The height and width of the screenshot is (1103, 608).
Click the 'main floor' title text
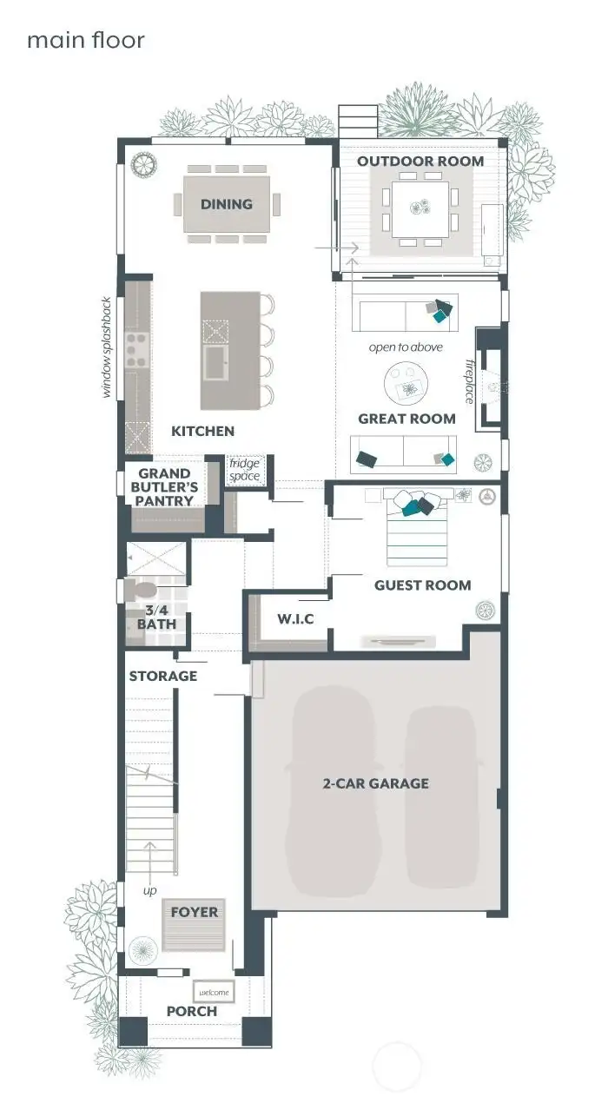point(85,41)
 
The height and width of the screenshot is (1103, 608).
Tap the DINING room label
point(227,204)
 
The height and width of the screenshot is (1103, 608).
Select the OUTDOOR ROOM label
point(420,162)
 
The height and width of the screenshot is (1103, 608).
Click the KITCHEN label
point(202,431)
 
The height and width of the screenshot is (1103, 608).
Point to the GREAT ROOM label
point(406,419)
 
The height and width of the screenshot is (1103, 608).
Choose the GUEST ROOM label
point(422,585)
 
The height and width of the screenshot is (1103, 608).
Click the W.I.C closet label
point(295,619)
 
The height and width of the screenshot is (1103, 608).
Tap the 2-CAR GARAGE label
point(375,783)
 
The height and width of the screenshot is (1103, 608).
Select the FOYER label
point(195,912)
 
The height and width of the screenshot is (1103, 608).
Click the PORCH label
point(191,1011)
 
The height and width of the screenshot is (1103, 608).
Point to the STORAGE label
point(163,676)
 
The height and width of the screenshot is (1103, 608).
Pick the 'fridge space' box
point(244,470)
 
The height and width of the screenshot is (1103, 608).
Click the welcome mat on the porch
point(214,993)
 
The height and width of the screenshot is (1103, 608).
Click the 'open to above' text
point(406,347)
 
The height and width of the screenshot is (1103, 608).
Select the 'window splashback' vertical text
point(107,347)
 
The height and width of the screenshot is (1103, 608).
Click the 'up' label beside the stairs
point(150,890)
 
